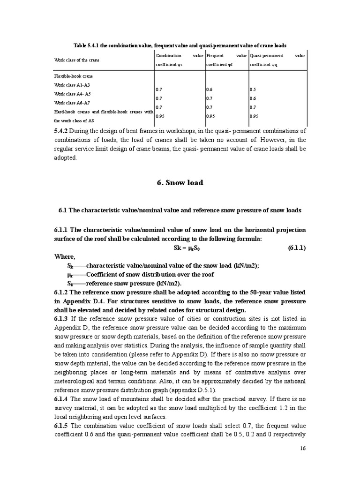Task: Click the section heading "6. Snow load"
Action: click(x=180, y=183)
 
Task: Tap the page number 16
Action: click(x=302, y=462)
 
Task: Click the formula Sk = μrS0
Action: click(x=180, y=248)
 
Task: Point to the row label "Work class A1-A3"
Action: click(x=72, y=85)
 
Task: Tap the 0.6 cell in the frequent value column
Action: click(x=210, y=89)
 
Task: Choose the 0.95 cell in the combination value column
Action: click(x=160, y=116)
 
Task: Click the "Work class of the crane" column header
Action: click(x=76, y=60)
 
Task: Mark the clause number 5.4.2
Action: click(x=63, y=131)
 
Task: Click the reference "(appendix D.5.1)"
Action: click(x=186, y=390)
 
